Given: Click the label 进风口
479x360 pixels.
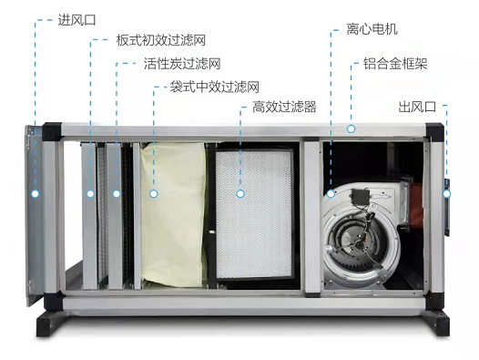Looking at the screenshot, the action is (77, 20).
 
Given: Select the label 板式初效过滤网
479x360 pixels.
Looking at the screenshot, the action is (160, 40).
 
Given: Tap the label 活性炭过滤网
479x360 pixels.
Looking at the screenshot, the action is (182, 64).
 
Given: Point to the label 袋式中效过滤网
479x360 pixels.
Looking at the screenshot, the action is (214, 87).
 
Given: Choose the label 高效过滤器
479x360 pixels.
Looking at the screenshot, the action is (284, 107).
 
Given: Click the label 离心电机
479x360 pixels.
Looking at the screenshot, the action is (372, 29).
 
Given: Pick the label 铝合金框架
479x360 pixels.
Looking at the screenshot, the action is (395, 64).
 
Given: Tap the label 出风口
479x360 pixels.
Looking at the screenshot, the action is (417, 107).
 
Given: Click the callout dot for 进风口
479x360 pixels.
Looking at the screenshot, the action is (36, 193).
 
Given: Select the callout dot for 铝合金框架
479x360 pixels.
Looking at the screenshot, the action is (351, 129).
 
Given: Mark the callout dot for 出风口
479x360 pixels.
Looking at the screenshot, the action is (447, 193).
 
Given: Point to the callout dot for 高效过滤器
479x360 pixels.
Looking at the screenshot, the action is (240, 193).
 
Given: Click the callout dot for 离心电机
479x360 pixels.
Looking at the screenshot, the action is (331, 193).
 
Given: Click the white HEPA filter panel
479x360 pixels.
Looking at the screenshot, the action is (254, 213).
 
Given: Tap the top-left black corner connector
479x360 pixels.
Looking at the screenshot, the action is (52, 131).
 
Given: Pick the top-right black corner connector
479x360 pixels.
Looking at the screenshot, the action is (434, 131).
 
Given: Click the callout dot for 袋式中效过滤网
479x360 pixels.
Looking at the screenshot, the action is (154, 193).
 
